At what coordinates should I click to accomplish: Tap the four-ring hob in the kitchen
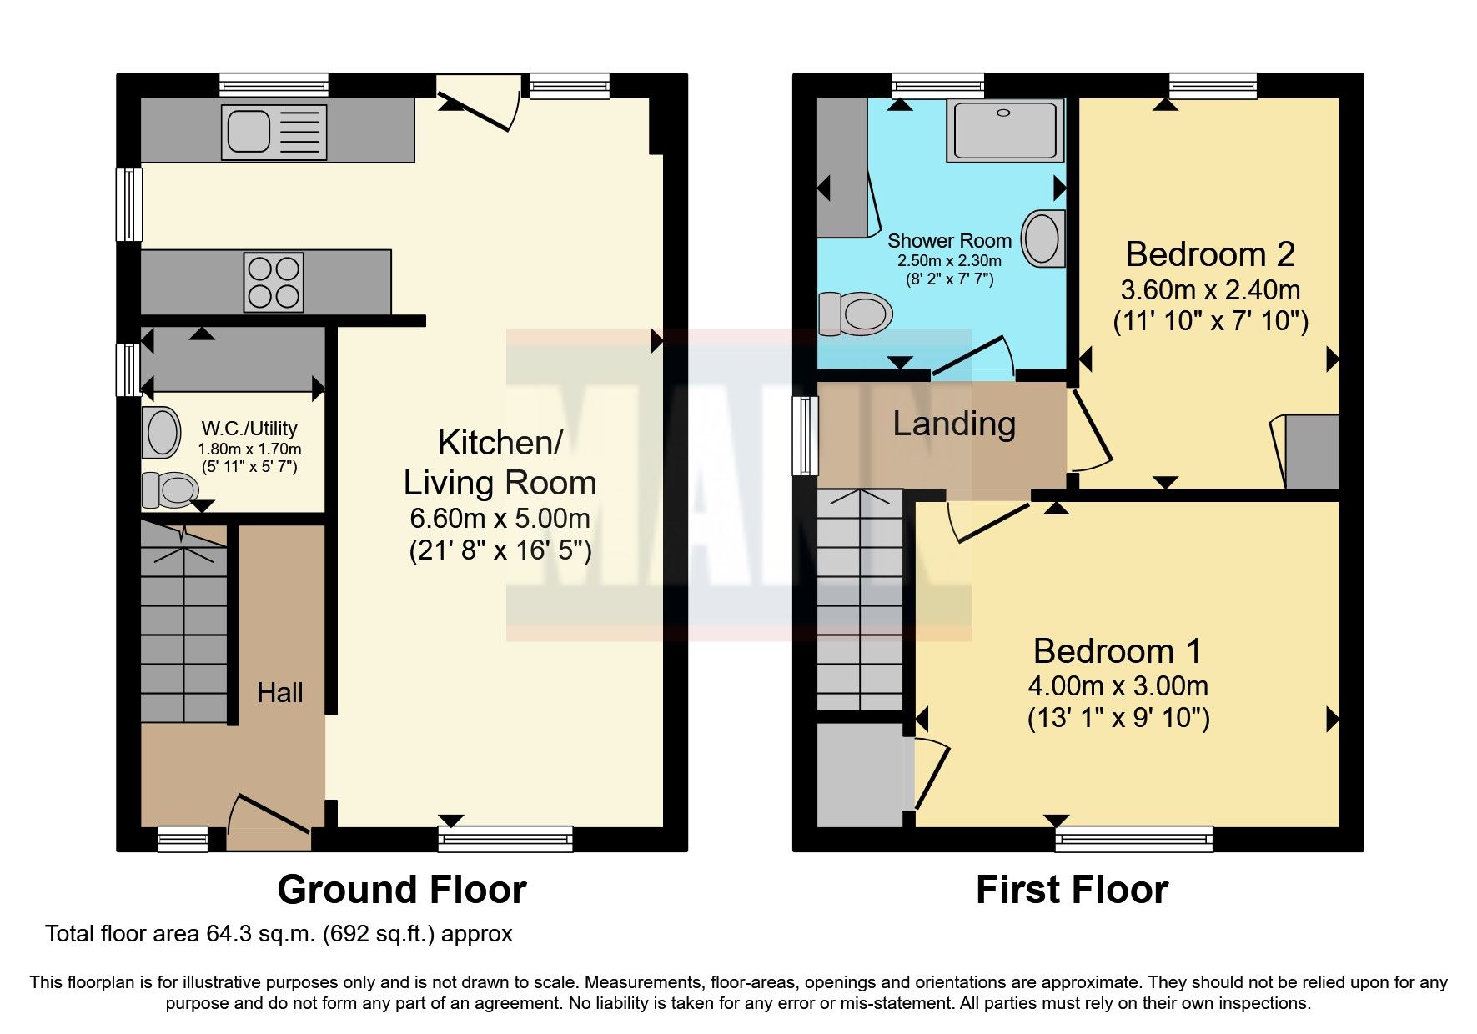click(274, 283)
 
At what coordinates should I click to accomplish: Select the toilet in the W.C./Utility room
click(170, 489)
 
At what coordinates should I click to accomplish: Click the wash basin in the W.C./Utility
click(161, 432)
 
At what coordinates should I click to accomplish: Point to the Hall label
click(279, 692)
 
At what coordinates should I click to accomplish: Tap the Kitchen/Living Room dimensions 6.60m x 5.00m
click(500, 518)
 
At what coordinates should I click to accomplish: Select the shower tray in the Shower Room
click(1005, 130)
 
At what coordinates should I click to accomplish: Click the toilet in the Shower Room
click(855, 314)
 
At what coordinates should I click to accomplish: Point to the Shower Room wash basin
click(1043, 238)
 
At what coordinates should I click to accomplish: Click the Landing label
click(954, 424)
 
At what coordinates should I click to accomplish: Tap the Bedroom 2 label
click(1209, 253)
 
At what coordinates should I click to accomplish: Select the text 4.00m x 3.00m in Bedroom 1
click(1118, 685)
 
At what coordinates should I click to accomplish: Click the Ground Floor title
click(402, 890)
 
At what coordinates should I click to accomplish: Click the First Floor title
click(1072, 890)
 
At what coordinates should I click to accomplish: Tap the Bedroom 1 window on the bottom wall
click(1133, 839)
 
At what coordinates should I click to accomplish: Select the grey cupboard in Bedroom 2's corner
click(1311, 452)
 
